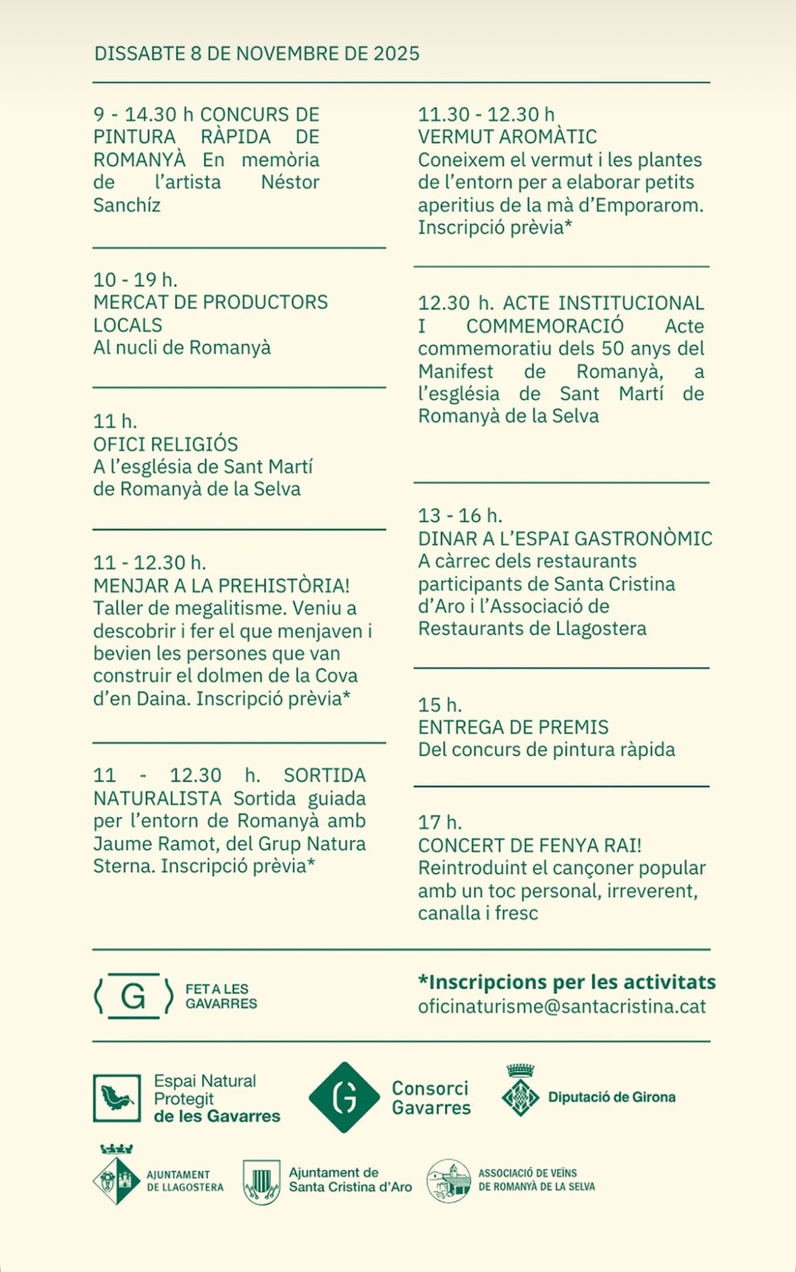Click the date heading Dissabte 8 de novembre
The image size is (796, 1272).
tap(257, 54)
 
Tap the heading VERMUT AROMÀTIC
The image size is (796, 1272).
tap(507, 137)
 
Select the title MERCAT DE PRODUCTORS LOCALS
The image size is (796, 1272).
tap(210, 313)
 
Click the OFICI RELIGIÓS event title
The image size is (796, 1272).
tap(165, 444)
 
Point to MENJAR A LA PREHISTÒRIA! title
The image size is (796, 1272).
tap(221, 586)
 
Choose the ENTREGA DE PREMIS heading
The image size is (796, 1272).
tap(513, 727)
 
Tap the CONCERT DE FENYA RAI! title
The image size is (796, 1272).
tap(529, 846)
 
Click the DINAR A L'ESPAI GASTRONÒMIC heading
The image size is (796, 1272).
tap(565, 538)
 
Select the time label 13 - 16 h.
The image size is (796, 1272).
tap(460, 516)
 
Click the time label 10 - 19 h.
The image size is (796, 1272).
tap(135, 279)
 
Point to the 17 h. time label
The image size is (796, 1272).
tap(440, 823)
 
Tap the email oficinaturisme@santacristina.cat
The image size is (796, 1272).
tap(562, 1007)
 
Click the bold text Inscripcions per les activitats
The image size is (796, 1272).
tap(566, 982)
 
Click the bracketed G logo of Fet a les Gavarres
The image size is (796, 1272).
tap(134, 996)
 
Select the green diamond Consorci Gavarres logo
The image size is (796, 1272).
tap(344, 1097)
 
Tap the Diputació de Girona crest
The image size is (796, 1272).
tap(521, 1090)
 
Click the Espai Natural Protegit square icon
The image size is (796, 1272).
tap(117, 1098)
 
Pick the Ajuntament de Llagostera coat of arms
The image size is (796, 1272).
tap(117, 1177)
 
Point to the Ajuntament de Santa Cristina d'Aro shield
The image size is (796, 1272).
tap(261, 1182)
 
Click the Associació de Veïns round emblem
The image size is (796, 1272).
tap(449, 1181)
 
